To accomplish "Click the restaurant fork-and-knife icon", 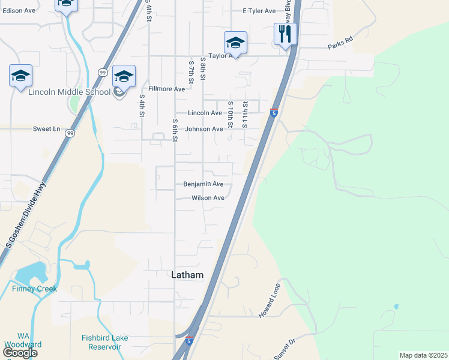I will tap(284, 34).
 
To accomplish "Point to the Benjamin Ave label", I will tap(203, 184).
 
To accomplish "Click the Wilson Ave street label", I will tap(208, 198).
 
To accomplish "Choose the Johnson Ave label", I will tap(204, 129).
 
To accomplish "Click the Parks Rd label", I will tap(340, 47).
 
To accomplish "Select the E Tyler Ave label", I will tap(259, 11).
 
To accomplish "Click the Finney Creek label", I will tap(34, 289).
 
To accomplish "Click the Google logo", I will tap(20, 353).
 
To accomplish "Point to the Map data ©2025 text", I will tap(423, 355).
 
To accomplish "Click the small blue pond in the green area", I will tap(396, 307).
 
